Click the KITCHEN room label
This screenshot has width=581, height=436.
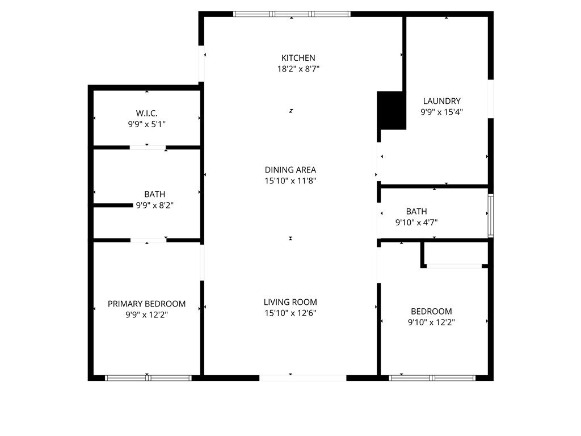[x=298, y=58]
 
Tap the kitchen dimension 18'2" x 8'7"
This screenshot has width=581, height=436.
[x=298, y=69]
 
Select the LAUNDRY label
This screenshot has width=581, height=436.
[x=441, y=101]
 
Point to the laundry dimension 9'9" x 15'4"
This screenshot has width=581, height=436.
[x=441, y=112]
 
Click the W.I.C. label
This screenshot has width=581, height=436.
[x=146, y=112]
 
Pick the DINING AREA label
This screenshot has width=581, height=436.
[x=290, y=170]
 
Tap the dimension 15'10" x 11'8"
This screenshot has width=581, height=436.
[x=290, y=181]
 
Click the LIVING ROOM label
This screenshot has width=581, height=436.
[x=290, y=302]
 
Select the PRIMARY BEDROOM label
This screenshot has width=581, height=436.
[x=146, y=304]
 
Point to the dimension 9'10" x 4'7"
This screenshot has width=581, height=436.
[x=416, y=223]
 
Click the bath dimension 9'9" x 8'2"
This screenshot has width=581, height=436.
[x=154, y=205]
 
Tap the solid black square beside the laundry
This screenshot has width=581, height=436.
[x=391, y=110]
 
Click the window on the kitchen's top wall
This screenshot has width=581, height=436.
[x=292, y=14]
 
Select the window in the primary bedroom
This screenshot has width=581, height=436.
[x=148, y=378]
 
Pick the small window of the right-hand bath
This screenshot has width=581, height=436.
[x=491, y=215]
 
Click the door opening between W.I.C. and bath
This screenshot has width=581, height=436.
[x=148, y=148]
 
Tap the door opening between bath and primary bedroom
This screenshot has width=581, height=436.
[x=148, y=240]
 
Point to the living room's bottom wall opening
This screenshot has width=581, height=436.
[x=302, y=378]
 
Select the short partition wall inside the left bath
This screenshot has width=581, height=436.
[x=113, y=205]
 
